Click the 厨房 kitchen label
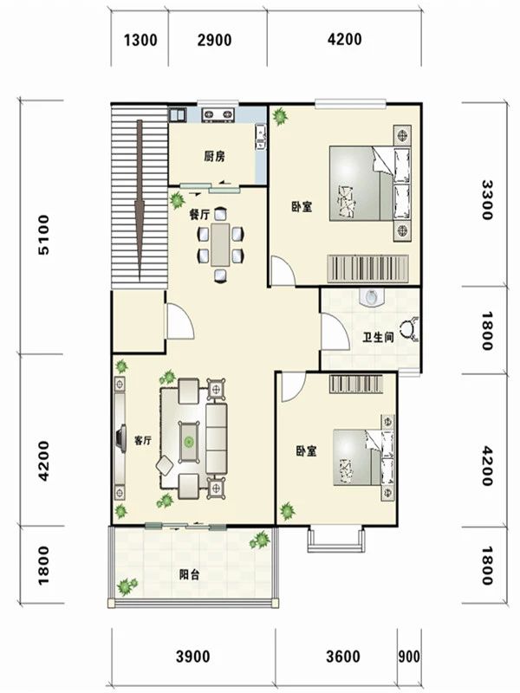214,156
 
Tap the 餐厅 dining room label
199,215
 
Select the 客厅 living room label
143,441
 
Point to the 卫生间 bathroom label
378,338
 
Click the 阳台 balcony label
189,574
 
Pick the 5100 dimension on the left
44,235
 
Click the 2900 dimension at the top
214,40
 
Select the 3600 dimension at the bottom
343,657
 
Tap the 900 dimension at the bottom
409,657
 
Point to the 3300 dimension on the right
487,200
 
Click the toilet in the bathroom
371,297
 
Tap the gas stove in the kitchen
218,114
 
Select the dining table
220,245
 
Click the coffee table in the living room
189,442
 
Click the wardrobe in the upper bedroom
367,269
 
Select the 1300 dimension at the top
140,40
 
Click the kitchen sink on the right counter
261,138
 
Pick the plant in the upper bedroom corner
279,117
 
